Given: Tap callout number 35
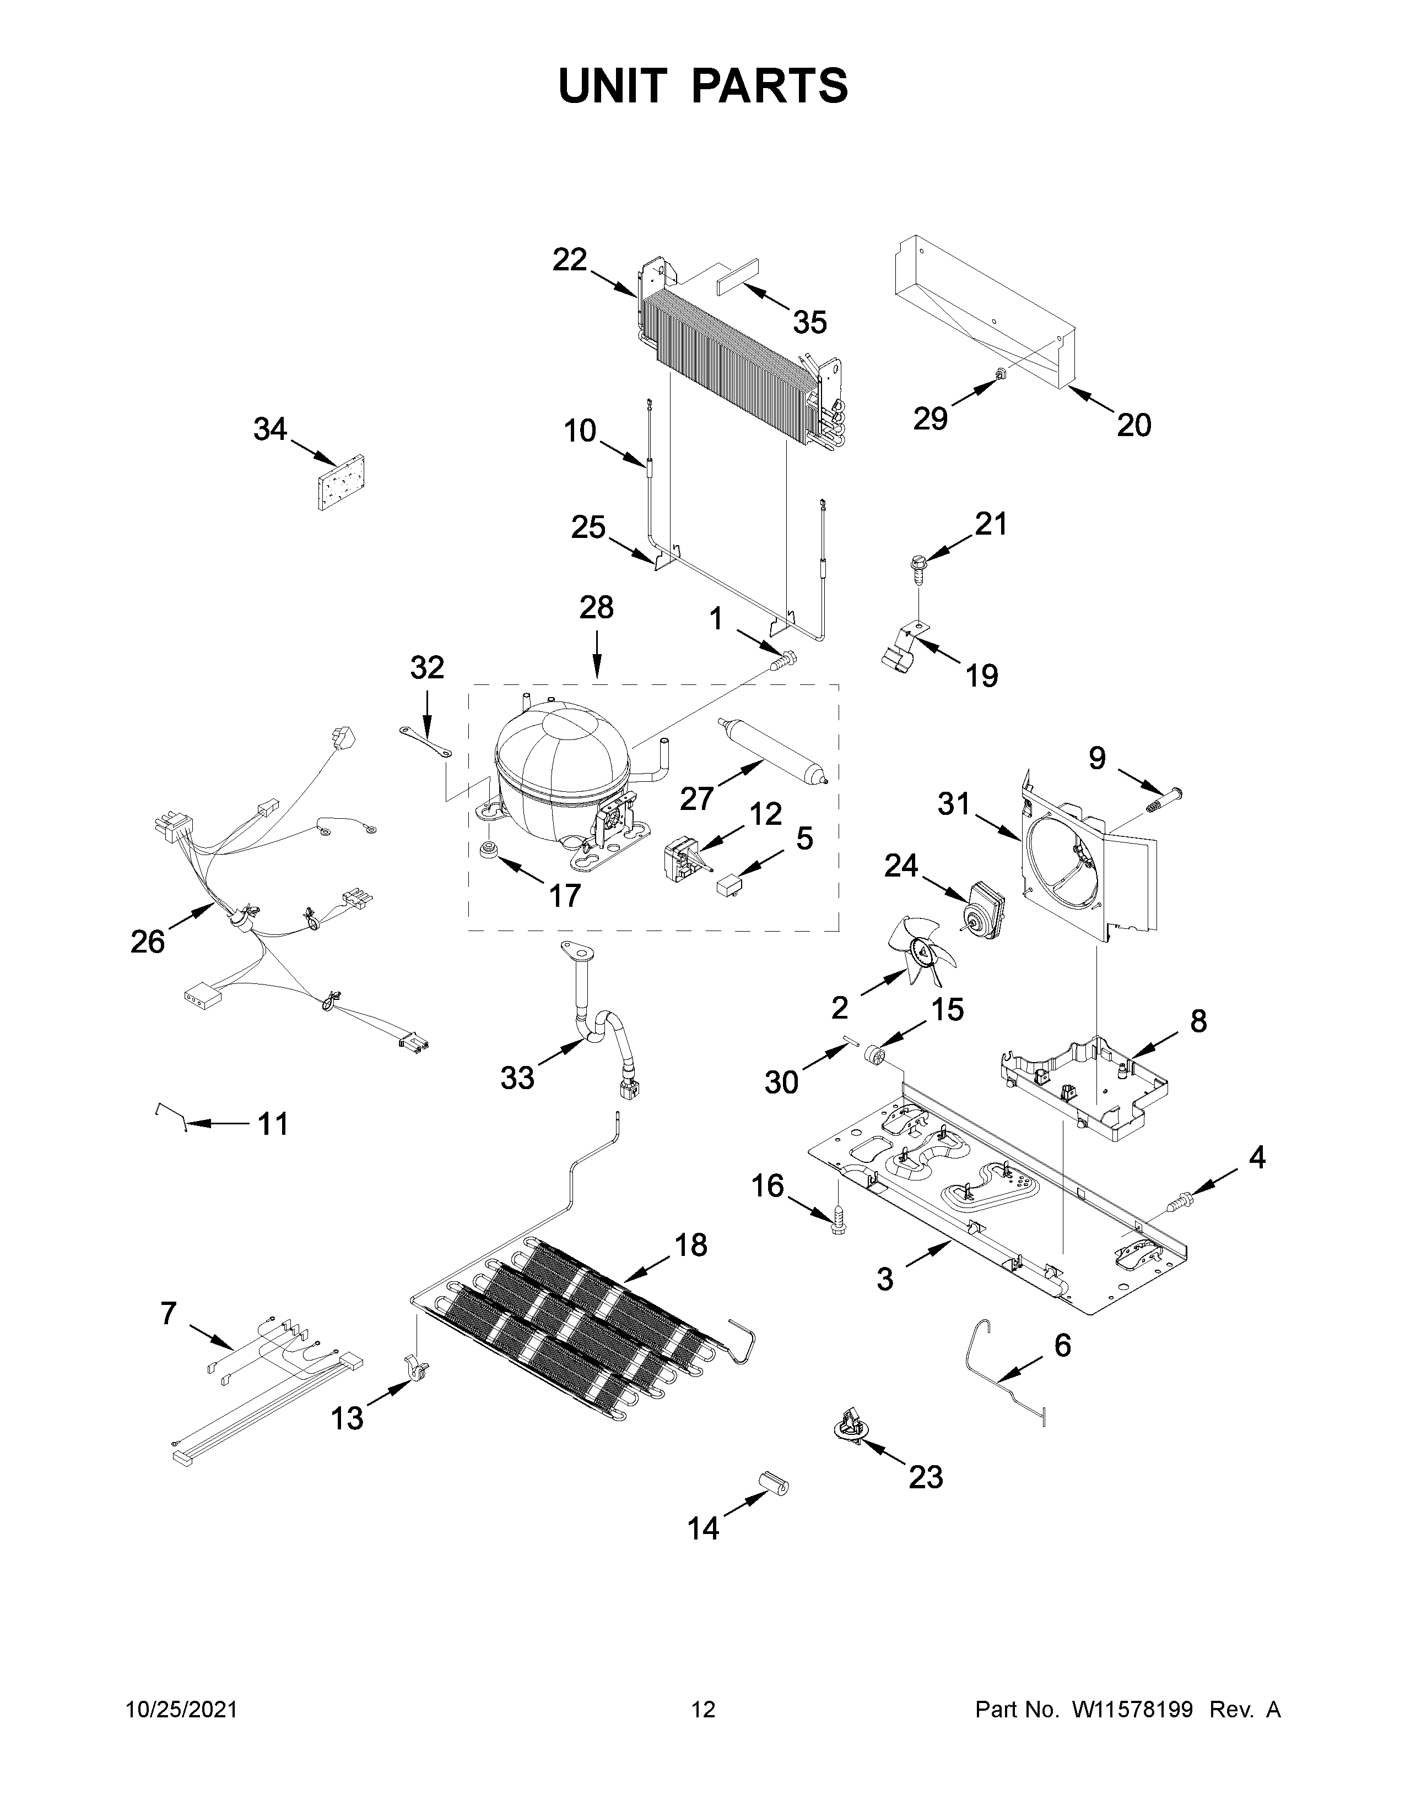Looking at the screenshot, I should tap(809, 322).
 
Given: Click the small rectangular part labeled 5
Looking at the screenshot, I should tap(729, 884).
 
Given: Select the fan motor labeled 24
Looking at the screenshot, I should tap(982, 907).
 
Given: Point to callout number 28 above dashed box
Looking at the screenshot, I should tap(596, 608).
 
